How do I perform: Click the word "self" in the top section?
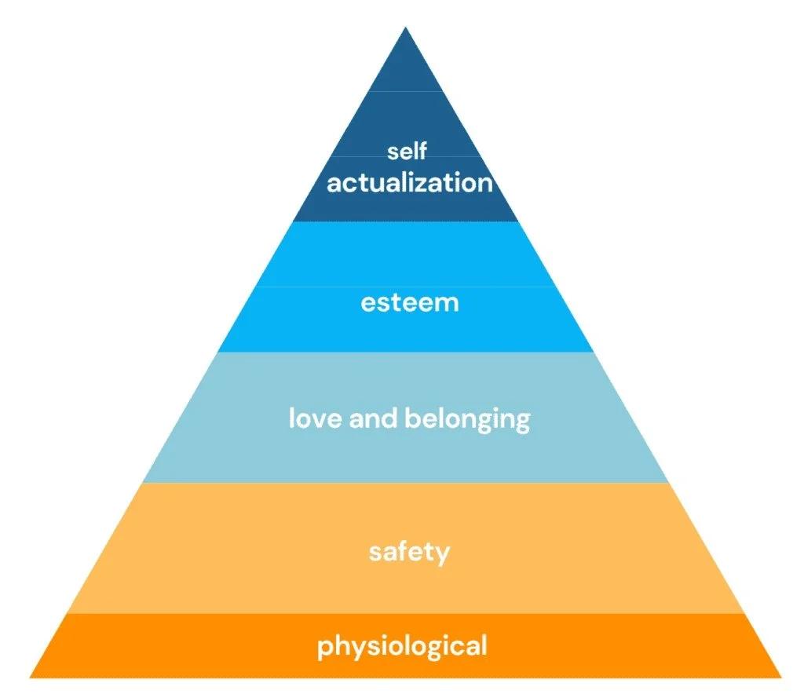(x=407, y=151)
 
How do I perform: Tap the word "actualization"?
(x=409, y=183)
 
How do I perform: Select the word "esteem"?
(x=409, y=303)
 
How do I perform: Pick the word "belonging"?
(x=467, y=419)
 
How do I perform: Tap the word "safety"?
(x=409, y=553)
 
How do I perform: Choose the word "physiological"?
(x=402, y=647)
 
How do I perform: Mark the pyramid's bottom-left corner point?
(x=31, y=677)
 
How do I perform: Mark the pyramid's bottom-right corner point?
(x=781, y=677)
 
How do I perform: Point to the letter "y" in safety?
(x=443, y=555)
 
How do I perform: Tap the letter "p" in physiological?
(x=324, y=648)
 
